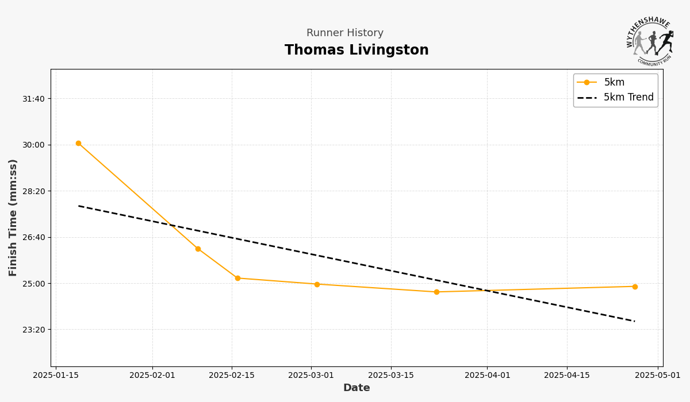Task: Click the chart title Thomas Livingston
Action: click(x=356, y=51)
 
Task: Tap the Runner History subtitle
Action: click(x=345, y=33)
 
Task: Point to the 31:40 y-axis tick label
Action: click(x=33, y=99)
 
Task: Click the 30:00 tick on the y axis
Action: click(x=33, y=145)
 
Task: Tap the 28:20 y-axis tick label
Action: click(x=33, y=191)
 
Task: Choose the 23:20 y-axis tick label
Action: click(x=33, y=330)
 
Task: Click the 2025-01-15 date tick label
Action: click(x=56, y=376)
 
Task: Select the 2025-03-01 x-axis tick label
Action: click(x=311, y=376)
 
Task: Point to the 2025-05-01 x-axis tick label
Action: click(x=658, y=376)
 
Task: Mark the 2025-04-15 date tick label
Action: click(x=567, y=376)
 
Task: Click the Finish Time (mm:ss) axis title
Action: click(x=13, y=218)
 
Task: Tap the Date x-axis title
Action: click(x=356, y=388)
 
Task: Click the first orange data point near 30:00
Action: click(x=78, y=144)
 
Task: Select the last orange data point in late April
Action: click(x=635, y=287)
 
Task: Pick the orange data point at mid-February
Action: click(x=237, y=278)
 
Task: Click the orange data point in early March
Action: click(x=317, y=284)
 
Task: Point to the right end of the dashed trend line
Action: click(x=635, y=321)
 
